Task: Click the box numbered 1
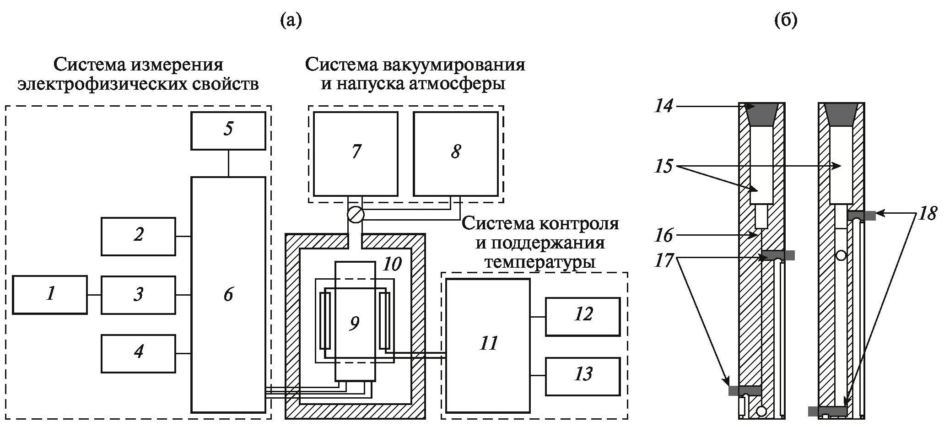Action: (x=49, y=295)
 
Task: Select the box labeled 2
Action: (x=138, y=236)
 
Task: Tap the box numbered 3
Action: (x=138, y=295)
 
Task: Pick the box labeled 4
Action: (x=138, y=353)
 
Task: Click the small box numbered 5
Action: (x=228, y=130)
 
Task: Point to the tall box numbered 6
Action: (x=228, y=295)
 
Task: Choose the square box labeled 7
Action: (x=356, y=154)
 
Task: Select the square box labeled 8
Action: (x=455, y=154)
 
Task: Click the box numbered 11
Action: (x=488, y=345)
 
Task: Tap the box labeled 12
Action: (x=583, y=316)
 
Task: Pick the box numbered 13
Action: (x=583, y=376)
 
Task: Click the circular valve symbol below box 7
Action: (x=355, y=215)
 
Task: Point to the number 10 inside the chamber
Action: (x=393, y=264)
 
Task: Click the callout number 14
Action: (x=663, y=107)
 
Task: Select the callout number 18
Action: (x=927, y=213)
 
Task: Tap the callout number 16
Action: (x=663, y=235)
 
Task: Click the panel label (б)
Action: (x=785, y=21)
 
